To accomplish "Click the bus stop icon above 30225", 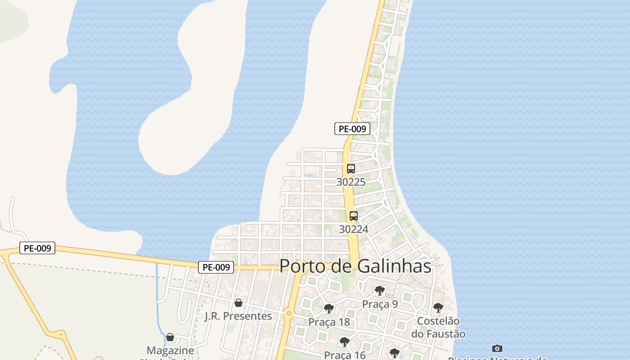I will [351, 169].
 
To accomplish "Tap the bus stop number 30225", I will [351, 182].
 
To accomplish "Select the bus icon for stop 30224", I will [354, 216].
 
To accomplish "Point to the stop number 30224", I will [354, 229].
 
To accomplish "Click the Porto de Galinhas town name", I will [355, 266].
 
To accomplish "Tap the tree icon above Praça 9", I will [380, 291].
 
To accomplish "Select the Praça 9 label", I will [380, 304].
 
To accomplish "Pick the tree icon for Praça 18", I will [329, 309].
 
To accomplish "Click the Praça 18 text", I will [329, 322].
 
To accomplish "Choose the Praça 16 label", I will [345, 355].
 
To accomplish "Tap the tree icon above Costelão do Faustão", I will [438, 308].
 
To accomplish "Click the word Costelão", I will [438, 321].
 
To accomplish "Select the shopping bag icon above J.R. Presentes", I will [238, 303].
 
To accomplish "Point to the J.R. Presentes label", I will [238, 316].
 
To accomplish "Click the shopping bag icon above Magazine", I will [170, 337].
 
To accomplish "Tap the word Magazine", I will [170, 350].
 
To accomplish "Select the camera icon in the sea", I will [497, 348].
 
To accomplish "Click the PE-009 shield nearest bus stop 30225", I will [352, 129].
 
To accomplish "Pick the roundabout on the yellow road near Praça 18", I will [289, 313].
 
